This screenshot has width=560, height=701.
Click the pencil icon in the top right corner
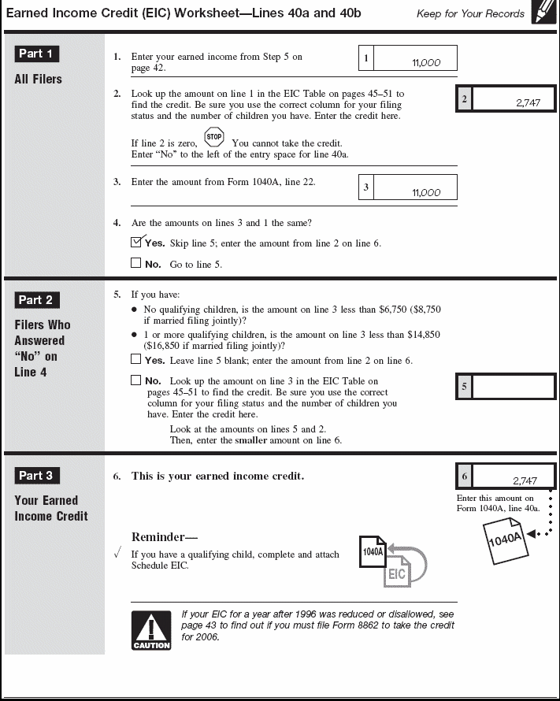[x=543, y=13]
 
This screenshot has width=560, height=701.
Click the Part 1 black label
[x=36, y=54]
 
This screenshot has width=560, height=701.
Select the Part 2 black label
[x=36, y=299]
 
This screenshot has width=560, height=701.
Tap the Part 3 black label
[x=36, y=475]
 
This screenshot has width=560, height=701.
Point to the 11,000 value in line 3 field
[x=426, y=193]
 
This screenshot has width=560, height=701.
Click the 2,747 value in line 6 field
[x=525, y=480]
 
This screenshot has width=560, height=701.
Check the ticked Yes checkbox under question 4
[x=136, y=243]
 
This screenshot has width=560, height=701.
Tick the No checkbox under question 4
[x=136, y=263]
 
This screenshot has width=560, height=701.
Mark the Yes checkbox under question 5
[x=136, y=359]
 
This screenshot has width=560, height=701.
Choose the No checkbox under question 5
[x=136, y=380]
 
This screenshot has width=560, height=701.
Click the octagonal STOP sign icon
[x=213, y=138]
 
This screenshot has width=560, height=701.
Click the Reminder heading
[x=164, y=537]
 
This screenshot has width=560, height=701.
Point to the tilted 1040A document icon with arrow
[x=504, y=539]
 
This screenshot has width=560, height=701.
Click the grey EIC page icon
[x=397, y=572]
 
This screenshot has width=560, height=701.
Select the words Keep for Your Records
[x=470, y=13]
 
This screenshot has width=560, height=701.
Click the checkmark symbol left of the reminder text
[x=117, y=554]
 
